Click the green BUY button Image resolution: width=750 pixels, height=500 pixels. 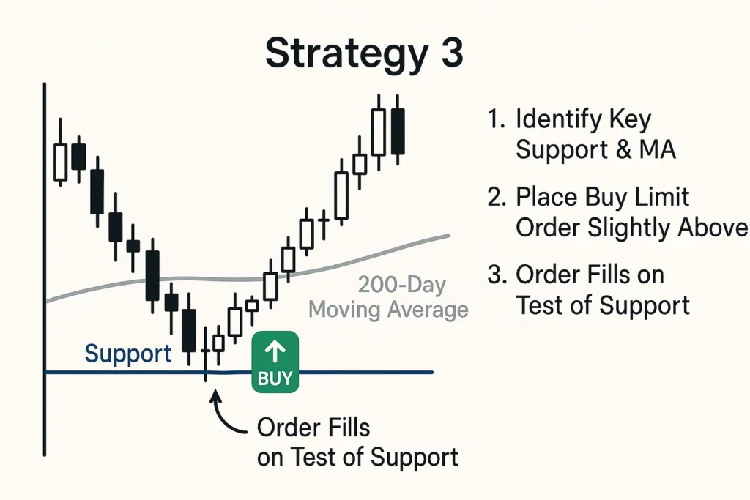(x=275, y=362)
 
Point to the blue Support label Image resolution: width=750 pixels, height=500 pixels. (x=127, y=354)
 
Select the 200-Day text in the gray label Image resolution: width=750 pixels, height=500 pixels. (x=402, y=285)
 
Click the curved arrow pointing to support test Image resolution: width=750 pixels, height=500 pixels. (x=225, y=415)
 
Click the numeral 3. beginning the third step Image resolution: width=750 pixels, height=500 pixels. (x=497, y=275)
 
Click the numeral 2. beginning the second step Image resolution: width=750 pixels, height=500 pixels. (x=497, y=196)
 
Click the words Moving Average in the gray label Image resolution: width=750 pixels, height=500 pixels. (x=388, y=309)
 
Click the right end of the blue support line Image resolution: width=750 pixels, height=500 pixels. (x=433, y=372)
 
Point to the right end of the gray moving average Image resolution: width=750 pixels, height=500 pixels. (x=449, y=236)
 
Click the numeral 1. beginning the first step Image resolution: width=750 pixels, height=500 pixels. (x=496, y=119)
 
